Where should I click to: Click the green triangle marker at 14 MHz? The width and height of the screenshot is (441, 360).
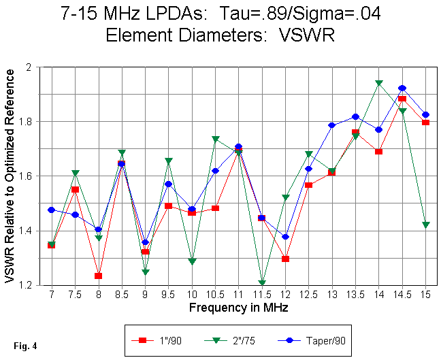pyautogui.click(x=378, y=84)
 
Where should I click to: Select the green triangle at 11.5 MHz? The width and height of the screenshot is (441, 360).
pyautogui.click(x=262, y=282)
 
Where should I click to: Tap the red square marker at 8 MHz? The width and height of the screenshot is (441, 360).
pyautogui.click(x=98, y=276)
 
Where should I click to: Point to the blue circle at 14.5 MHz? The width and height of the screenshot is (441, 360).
pyautogui.click(x=402, y=88)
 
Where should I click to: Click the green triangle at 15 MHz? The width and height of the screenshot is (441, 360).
pyautogui.click(x=425, y=225)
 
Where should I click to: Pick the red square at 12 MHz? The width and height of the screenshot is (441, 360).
pyautogui.click(x=285, y=259)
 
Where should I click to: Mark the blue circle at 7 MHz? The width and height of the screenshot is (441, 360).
pyautogui.click(x=51, y=210)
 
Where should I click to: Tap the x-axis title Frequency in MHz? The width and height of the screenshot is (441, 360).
pyautogui.click(x=238, y=308)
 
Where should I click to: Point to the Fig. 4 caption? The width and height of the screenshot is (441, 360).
pyautogui.click(x=24, y=346)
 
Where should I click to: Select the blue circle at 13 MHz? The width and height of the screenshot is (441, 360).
pyautogui.click(x=332, y=125)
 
